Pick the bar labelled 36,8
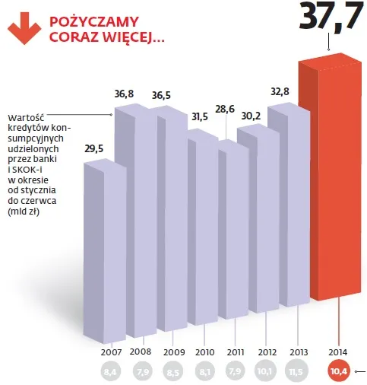[x=134, y=221]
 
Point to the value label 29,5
[x=94, y=149]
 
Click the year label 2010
[x=204, y=352]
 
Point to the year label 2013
[x=299, y=352]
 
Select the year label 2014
[x=339, y=352]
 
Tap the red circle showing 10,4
[x=339, y=371]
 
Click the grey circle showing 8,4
[x=112, y=371]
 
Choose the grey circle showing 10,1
[x=267, y=371]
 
